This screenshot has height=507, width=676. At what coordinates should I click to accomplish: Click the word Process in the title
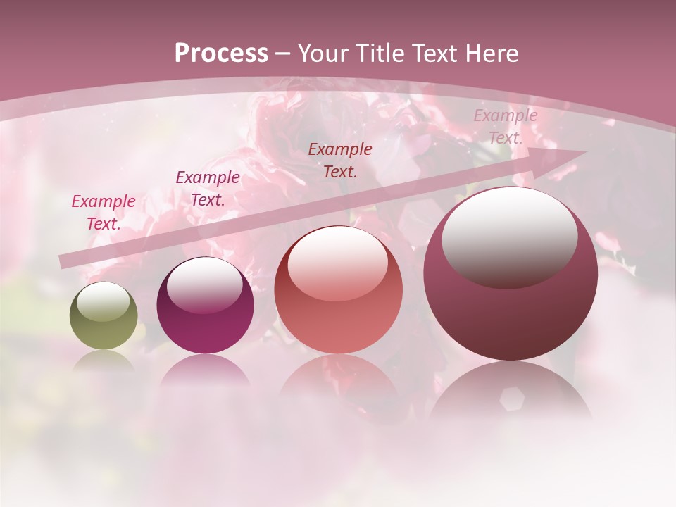(221, 54)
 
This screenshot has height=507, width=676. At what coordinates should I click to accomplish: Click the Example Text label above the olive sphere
(104, 212)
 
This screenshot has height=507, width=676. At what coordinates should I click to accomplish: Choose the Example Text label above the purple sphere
(208, 188)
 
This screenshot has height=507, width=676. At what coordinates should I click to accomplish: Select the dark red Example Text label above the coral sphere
(340, 160)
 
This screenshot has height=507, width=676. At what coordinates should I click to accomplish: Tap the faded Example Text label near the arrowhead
(505, 127)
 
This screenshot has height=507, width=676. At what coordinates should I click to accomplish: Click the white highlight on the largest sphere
(509, 236)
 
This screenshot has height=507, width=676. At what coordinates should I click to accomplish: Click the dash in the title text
(283, 54)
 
